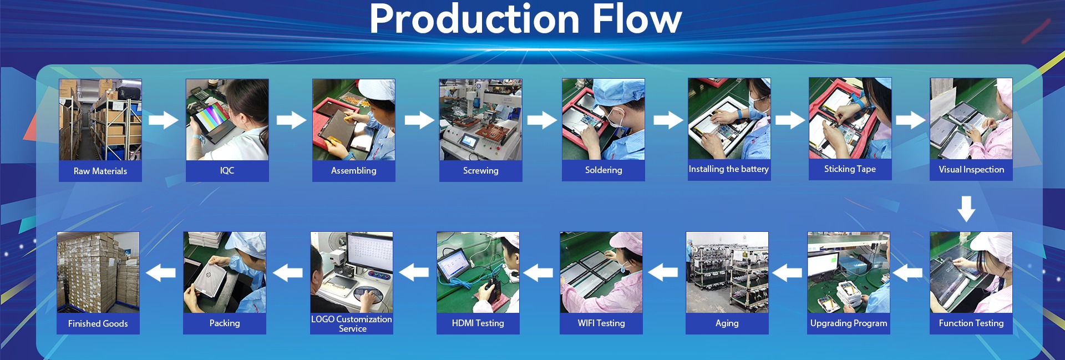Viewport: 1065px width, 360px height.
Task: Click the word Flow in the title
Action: (636, 19)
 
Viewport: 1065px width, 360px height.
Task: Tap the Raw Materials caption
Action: (100, 171)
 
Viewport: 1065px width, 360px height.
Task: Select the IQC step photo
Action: (227, 119)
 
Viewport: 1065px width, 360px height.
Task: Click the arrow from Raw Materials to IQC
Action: (163, 120)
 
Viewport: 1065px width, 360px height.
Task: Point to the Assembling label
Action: (353, 170)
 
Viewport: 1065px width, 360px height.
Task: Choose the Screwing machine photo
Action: (480, 119)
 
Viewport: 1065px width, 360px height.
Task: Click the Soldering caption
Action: (603, 170)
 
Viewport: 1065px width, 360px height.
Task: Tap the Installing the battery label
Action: (729, 169)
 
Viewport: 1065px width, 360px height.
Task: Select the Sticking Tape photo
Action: (850, 118)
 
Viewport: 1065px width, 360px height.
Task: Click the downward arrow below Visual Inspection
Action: (966, 208)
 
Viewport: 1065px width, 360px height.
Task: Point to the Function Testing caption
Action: (971, 323)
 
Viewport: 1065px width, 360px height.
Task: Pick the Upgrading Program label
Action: (849, 323)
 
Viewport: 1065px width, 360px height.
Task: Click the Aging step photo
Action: (727, 272)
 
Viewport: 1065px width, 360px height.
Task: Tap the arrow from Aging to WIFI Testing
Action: (663, 272)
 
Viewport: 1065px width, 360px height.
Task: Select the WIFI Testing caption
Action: (601, 323)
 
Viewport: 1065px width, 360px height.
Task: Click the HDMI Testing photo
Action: (478, 272)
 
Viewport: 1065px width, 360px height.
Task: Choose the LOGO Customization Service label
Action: (352, 323)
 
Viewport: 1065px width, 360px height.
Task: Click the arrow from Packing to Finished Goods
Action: (161, 272)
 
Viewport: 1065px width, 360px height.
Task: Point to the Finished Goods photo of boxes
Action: (98, 272)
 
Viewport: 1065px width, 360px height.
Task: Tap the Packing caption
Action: (225, 323)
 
